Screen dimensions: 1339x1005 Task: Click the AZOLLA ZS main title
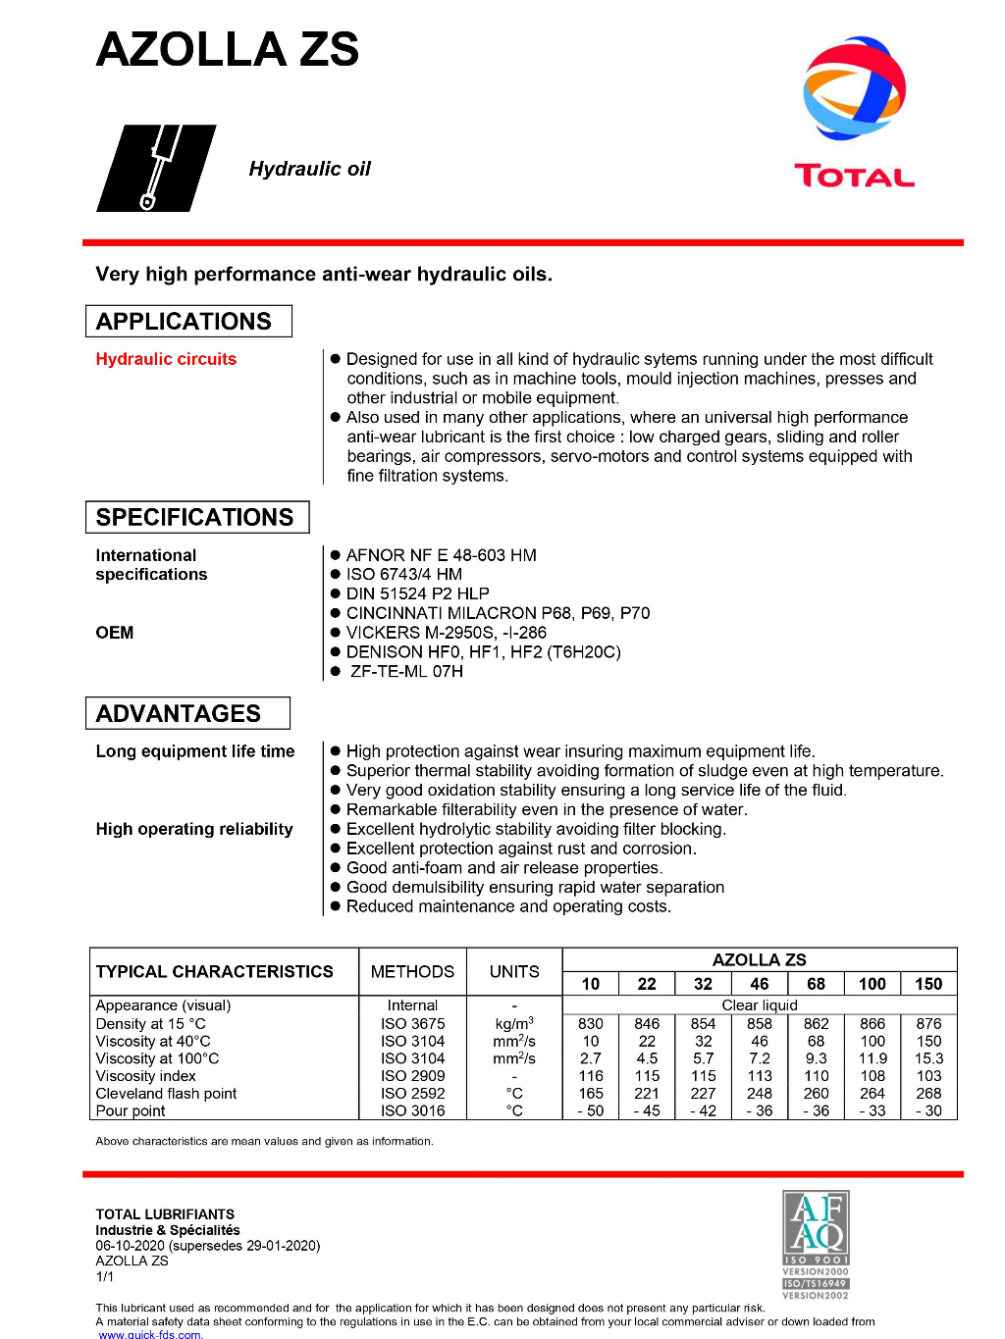pos(228,50)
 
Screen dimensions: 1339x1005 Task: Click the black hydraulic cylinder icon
pos(156,168)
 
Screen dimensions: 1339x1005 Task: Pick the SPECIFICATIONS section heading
pos(196,517)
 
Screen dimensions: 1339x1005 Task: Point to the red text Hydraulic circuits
pos(166,359)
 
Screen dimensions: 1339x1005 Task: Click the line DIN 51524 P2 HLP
pos(417,593)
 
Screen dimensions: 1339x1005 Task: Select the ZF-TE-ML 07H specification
pos(405,671)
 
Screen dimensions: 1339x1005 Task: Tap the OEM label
pos(115,633)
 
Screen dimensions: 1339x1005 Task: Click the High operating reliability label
pos(194,829)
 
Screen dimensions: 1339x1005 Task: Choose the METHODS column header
pos(412,971)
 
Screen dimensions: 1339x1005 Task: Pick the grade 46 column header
pos(760,984)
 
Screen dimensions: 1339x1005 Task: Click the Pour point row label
pos(131,1110)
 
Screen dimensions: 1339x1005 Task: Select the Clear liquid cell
pos(760,1005)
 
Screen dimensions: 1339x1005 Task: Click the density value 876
pos(928,1023)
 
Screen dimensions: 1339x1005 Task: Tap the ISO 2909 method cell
pos(412,1076)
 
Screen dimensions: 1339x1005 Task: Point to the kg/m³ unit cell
pos(514,1023)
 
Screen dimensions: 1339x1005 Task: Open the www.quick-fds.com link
pos(150,1334)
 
